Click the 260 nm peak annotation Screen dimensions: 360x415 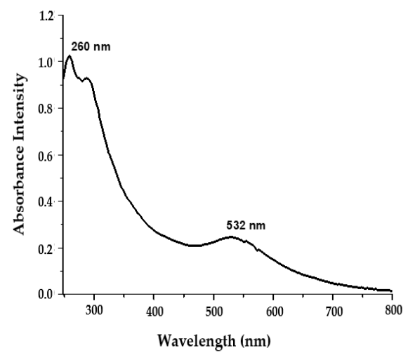91,48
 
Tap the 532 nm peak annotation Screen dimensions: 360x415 246,226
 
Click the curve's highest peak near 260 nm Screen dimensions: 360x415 70,55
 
